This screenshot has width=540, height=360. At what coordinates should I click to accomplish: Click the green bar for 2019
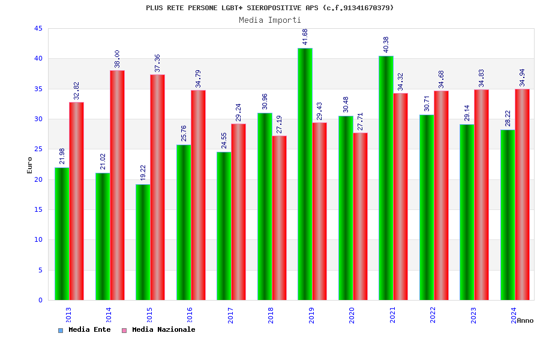click(305, 174)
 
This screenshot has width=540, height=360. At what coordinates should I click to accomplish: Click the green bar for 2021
click(386, 178)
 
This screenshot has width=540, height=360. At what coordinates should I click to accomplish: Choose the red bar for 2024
click(522, 194)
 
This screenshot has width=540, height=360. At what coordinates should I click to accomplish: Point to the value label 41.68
click(305, 37)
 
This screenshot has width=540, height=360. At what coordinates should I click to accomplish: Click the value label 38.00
click(117, 59)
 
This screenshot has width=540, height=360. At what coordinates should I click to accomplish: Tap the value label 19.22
click(143, 172)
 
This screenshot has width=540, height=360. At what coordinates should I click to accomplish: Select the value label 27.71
click(360, 121)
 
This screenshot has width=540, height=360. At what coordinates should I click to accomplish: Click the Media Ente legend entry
click(85, 330)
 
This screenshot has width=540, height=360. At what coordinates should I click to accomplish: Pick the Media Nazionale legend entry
click(159, 330)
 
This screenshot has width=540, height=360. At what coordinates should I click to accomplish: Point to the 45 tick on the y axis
click(38, 29)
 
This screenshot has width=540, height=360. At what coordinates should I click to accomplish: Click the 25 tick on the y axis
click(38, 149)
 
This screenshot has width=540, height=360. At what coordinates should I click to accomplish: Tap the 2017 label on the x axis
click(230, 316)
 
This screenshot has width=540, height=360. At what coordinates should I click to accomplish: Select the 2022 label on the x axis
click(433, 316)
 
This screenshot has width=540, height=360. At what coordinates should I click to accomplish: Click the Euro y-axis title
click(30, 165)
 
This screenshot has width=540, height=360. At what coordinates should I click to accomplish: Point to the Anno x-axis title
click(525, 320)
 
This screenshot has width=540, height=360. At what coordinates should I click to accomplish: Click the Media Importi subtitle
click(270, 20)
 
